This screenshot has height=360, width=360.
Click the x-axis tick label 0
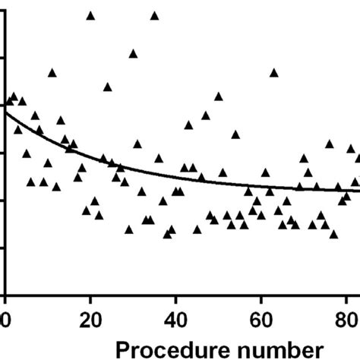tap(5, 317)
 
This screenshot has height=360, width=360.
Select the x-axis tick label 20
tap(90, 317)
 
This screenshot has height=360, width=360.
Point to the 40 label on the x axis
tap(176, 317)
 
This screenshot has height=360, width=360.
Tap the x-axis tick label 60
tap(261, 317)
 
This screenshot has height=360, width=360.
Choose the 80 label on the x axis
tap(346, 317)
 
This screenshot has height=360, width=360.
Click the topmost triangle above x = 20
tap(91, 15)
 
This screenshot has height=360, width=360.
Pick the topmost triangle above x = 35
tap(155, 15)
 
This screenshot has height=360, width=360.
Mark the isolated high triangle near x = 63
tap(274, 73)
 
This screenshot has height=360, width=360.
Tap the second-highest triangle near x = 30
tap(133, 53)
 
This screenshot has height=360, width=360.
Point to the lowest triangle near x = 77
tap(333, 234)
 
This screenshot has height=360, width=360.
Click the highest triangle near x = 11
tap(52, 73)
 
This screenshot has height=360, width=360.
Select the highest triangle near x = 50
tap(219, 96)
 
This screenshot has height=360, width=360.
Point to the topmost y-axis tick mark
tap(3, 11)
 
